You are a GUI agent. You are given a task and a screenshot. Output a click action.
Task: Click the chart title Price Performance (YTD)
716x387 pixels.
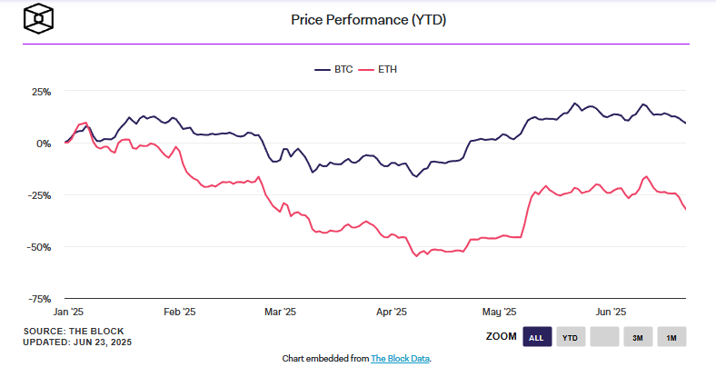[x=368, y=19]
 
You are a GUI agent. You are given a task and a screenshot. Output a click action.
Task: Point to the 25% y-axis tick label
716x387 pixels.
[x=41, y=92]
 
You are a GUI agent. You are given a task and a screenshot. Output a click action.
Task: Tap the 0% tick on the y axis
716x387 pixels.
[x=44, y=144]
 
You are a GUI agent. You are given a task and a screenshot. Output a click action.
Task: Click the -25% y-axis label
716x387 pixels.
[x=39, y=195]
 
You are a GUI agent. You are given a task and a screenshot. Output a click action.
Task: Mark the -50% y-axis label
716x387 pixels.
[x=39, y=246]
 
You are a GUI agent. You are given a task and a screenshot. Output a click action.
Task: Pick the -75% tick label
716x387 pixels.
[x=39, y=298]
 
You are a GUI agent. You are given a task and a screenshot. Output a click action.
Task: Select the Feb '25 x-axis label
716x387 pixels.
[x=179, y=312]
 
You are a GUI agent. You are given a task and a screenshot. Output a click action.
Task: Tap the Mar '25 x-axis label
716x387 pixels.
[x=280, y=312]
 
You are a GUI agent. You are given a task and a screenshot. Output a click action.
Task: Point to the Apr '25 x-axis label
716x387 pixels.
[x=392, y=312]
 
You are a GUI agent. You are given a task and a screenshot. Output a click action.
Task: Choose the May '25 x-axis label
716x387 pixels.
[x=499, y=312]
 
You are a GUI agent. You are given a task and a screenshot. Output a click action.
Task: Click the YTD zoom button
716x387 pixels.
[x=571, y=338]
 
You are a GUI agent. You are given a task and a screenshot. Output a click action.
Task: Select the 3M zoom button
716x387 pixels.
[x=638, y=338]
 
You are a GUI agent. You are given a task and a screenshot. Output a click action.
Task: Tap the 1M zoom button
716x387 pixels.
[x=671, y=338]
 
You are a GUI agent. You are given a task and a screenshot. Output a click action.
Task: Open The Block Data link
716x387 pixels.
[x=400, y=359]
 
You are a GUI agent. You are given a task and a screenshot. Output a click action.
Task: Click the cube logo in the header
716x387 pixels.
[x=40, y=19]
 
